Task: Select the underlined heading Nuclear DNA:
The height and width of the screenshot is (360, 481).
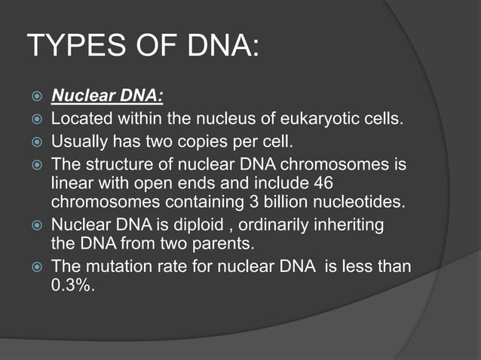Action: (x=107, y=97)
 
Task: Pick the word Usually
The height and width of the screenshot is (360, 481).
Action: (x=79, y=141)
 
